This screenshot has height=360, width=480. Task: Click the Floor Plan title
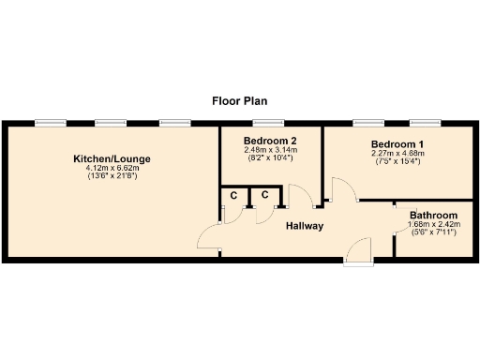(x=240, y=99)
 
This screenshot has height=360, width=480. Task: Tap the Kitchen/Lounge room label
(x=112, y=158)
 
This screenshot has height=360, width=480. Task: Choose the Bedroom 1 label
(x=371, y=144)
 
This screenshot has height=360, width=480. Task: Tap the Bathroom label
(x=432, y=215)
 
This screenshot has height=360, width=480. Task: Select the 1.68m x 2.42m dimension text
(x=432, y=223)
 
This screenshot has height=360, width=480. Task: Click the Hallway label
(x=305, y=226)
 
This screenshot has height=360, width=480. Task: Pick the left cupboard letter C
(x=233, y=195)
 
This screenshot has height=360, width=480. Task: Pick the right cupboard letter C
(x=265, y=195)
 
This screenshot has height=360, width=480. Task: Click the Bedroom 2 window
(x=269, y=123)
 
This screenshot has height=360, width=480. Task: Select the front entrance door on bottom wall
(x=357, y=250)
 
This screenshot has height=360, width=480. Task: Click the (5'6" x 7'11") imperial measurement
(x=432, y=232)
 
